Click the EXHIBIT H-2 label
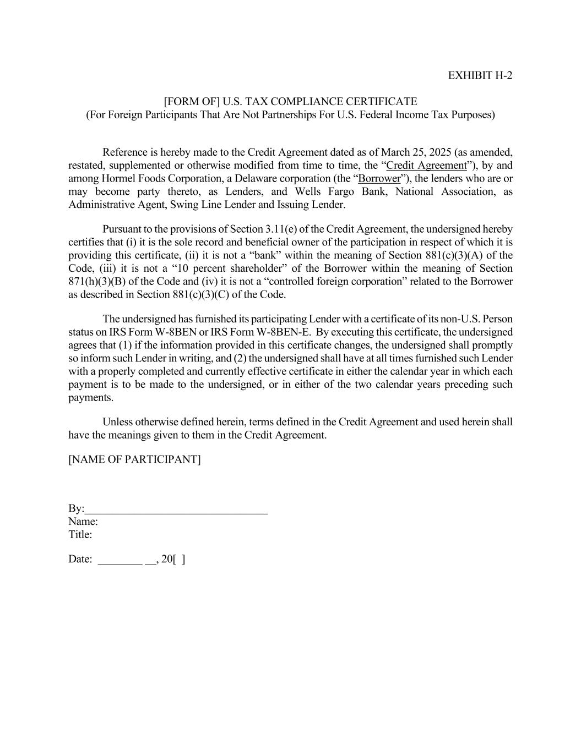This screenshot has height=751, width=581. pyautogui.click(x=480, y=75)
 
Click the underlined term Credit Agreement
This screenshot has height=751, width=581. pyautogui.click(x=426, y=166)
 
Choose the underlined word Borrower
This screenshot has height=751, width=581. pyautogui.click(x=379, y=179)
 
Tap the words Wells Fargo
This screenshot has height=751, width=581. pyautogui.click(x=324, y=192)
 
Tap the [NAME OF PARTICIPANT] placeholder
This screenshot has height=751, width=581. pyautogui.click(x=134, y=459)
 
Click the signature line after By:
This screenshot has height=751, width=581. pyautogui.click(x=176, y=509)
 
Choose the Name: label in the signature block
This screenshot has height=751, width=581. pyautogui.click(x=83, y=522)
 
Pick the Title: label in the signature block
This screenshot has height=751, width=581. pyautogui.click(x=80, y=535)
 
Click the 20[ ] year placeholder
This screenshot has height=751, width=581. pyautogui.click(x=173, y=560)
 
